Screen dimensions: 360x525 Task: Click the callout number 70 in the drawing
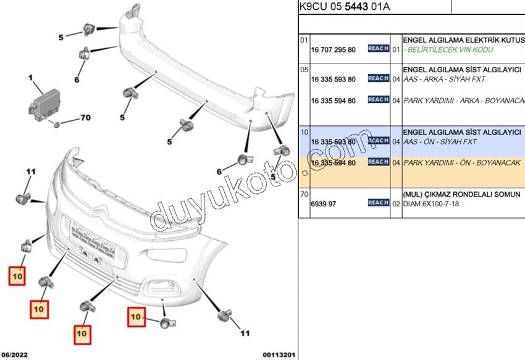(x=85, y=117)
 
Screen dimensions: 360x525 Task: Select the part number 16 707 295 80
(x=333, y=49)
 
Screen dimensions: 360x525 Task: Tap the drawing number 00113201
(x=279, y=355)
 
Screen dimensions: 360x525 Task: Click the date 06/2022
(x=15, y=355)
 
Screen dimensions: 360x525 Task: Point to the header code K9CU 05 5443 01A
(x=344, y=7)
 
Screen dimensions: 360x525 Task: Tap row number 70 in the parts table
(x=304, y=194)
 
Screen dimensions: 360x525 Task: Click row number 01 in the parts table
(x=304, y=40)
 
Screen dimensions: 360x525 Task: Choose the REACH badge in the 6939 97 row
(x=378, y=203)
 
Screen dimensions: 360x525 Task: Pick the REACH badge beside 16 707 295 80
(x=378, y=49)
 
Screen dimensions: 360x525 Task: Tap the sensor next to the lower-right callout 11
(x=224, y=316)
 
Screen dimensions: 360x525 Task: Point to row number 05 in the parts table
(x=304, y=70)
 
